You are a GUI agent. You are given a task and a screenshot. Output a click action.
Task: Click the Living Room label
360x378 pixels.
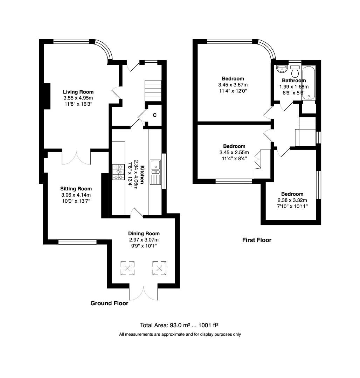[78, 92]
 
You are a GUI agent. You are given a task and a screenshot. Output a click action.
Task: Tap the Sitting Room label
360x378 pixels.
[76, 189]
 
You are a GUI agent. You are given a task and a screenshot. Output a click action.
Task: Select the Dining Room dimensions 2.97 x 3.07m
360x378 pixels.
[144, 240]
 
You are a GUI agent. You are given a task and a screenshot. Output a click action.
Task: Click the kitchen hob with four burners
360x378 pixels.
[119, 172]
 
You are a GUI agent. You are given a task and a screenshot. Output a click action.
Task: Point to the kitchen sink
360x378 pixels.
[155, 167]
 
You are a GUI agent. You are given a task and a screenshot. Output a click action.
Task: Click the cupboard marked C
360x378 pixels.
[154, 115]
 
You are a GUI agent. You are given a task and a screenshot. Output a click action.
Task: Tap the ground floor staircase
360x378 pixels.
[153, 90]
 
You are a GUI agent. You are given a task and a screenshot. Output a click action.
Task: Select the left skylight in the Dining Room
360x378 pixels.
[127, 268]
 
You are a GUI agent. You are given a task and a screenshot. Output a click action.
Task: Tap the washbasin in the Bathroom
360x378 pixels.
[282, 69]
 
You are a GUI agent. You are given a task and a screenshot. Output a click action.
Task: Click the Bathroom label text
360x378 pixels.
[294, 80]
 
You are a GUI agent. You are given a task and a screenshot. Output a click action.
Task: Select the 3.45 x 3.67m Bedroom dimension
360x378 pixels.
[233, 85]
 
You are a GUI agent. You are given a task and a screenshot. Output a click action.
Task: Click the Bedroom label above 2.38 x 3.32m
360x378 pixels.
[292, 194]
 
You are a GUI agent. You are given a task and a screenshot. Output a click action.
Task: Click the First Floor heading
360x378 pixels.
[257, 240]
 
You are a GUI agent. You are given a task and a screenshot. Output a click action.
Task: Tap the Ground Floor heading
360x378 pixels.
[109, 303]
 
